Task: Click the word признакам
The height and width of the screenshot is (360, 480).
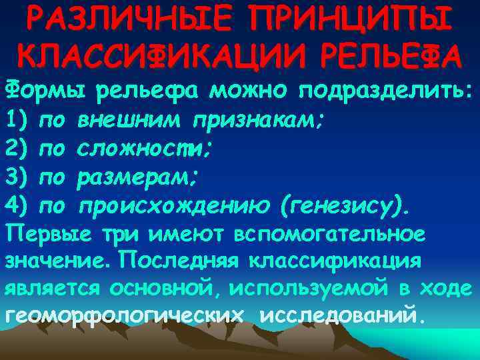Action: pyautogui.click(x=258, y=121)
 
